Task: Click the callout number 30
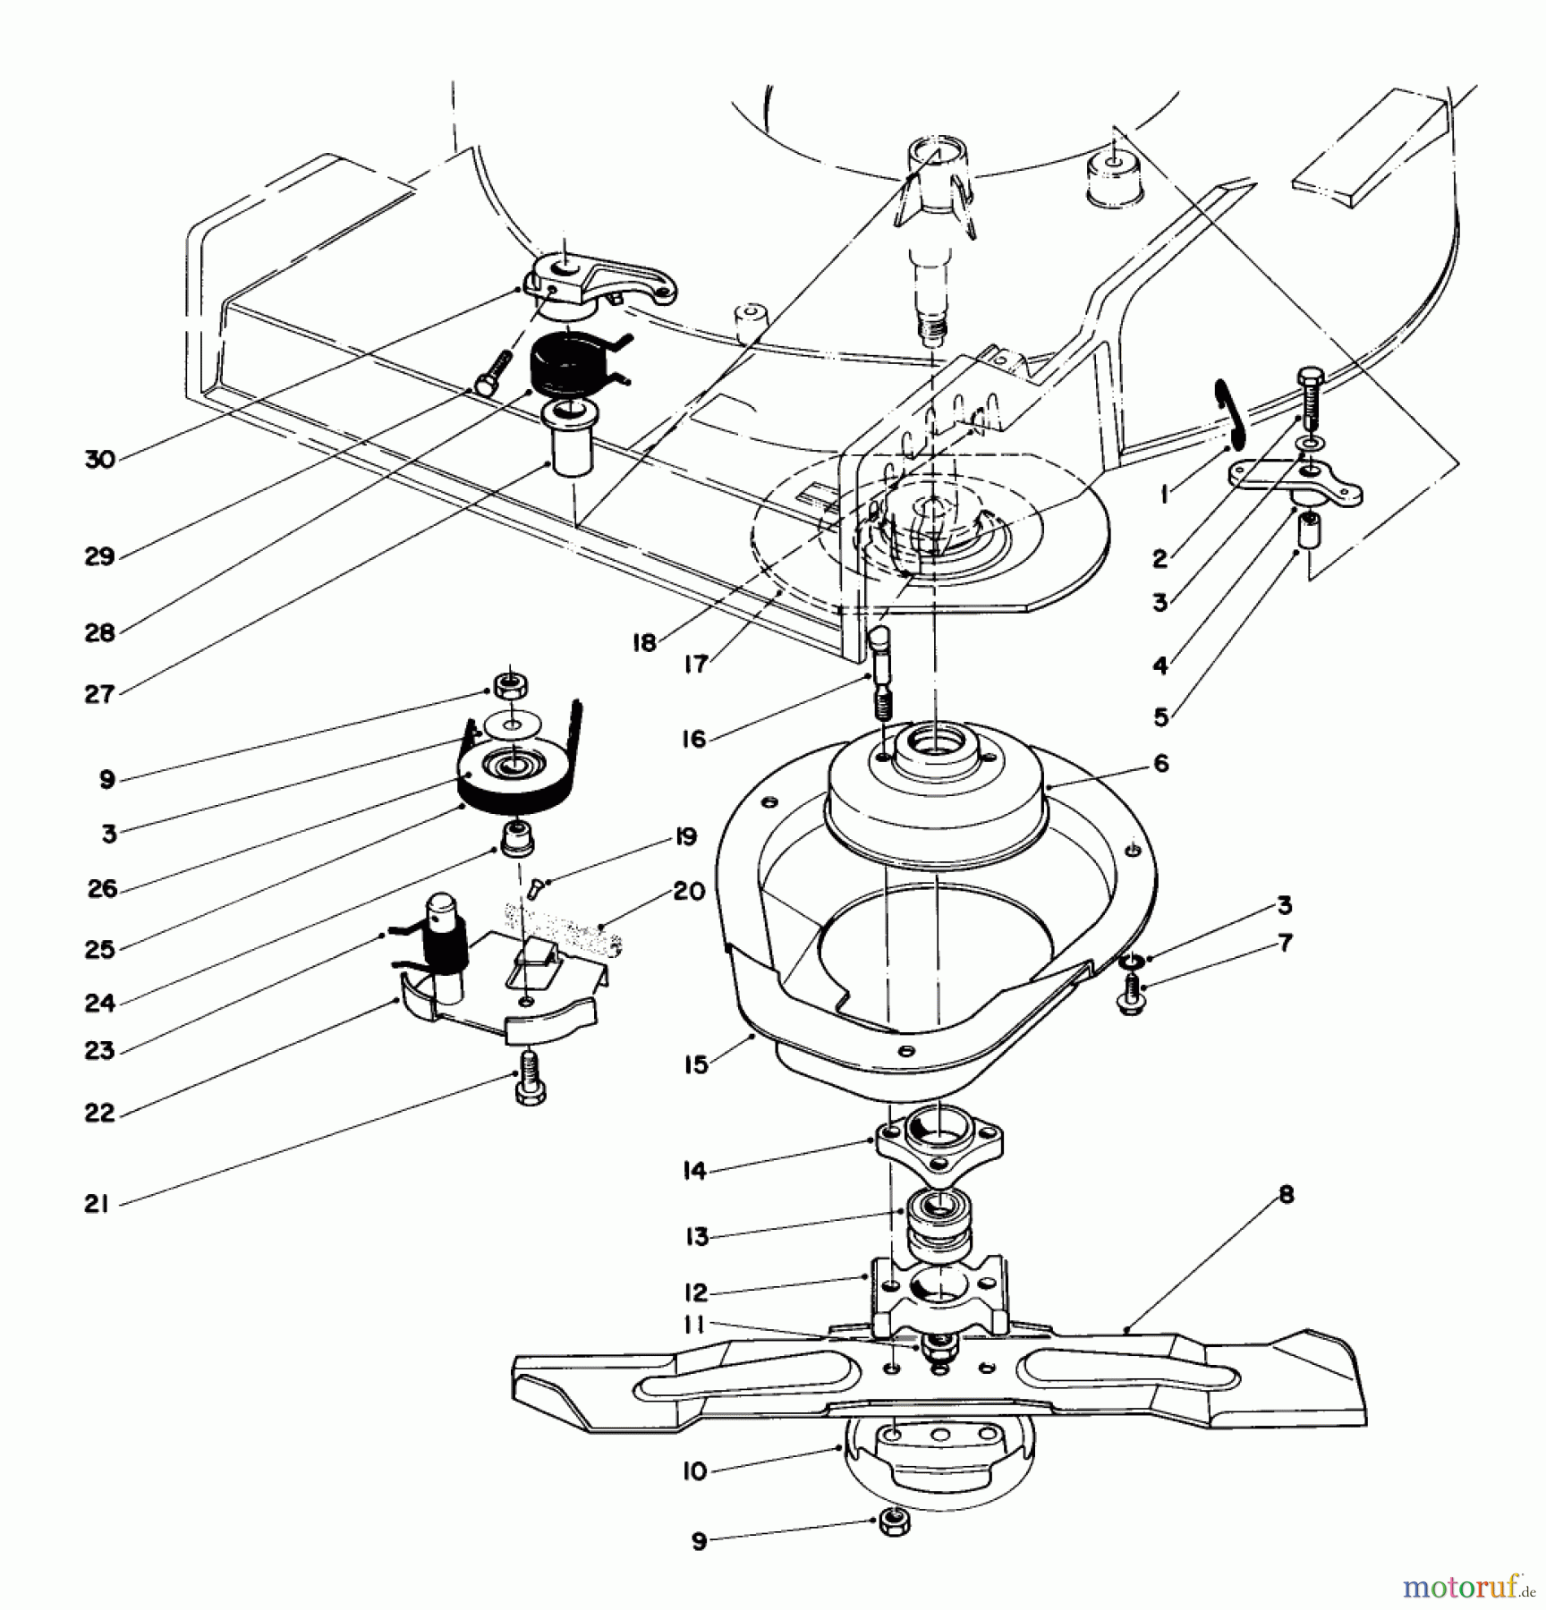click(x=99, y=460)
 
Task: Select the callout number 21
click(x=97, y=1204)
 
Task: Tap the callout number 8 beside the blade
click(x=1286, y=1195)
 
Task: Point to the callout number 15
click(x=695, y=1064)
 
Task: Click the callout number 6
click(x=1160, y=763)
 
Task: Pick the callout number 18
click(x=644, y=642)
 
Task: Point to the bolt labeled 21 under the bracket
click(x=531, y=1089)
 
